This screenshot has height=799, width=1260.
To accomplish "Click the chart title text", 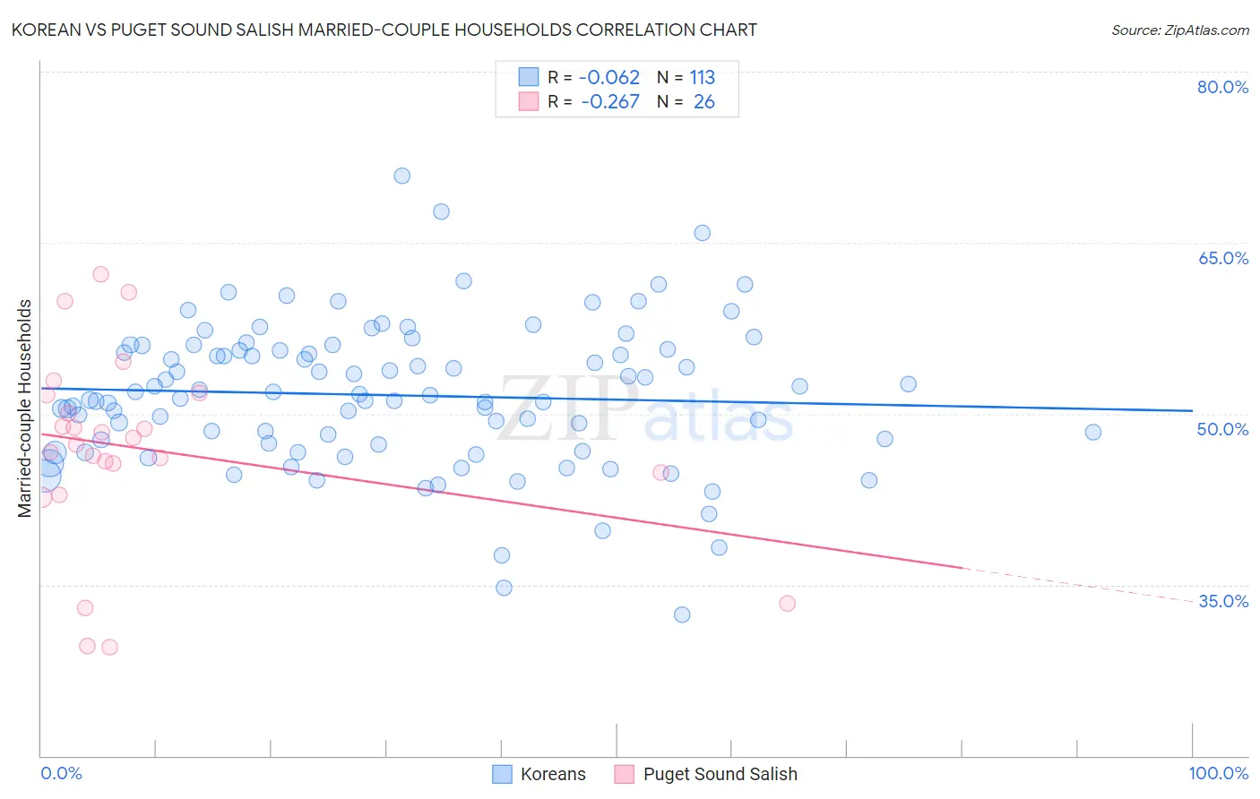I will coord(384,30).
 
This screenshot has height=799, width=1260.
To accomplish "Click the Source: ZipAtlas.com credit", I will coord(1179,30).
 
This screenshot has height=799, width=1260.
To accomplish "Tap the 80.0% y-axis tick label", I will coord(1222,87).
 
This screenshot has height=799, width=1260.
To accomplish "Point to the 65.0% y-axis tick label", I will coord(1222,258).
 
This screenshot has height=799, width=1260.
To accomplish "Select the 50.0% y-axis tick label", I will coord(1222,429).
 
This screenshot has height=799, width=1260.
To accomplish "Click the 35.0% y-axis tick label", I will coord(1222,601).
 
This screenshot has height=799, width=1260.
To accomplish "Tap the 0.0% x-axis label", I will coord(61,773).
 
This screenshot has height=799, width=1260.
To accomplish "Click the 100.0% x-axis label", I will coord(1218,773).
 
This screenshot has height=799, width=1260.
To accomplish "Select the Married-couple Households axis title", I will coord(25,408).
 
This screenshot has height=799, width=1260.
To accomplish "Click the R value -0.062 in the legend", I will coord(608,78).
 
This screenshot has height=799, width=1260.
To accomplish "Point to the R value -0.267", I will coord(609,102).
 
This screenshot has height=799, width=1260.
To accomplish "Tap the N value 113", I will coord(702,78).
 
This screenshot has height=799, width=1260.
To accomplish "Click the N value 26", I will coord(703,102).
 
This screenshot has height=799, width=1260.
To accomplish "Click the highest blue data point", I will coord(402,176).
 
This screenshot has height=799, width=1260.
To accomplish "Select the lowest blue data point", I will coord(682,614).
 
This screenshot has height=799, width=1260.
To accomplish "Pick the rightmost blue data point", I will coord(1093,432).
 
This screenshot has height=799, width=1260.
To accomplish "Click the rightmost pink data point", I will coord(788,603).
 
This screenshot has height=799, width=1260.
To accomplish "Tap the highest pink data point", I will coord(101,274).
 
